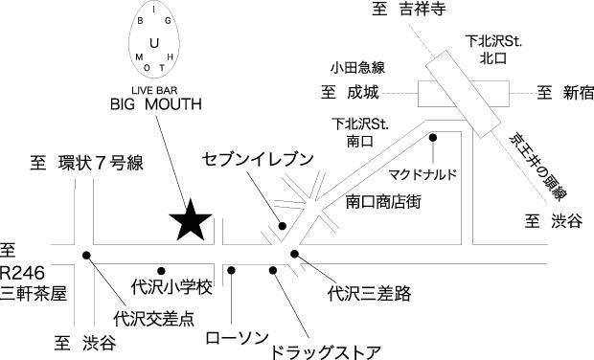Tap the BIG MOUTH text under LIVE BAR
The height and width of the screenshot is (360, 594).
[156, 104]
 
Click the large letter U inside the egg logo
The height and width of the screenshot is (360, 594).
[154, 43]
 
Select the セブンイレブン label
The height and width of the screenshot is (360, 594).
[258, 159]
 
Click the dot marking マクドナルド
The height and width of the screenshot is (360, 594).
[433, 138]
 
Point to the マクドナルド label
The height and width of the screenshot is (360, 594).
[423, 174]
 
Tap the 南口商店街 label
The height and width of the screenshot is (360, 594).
[383, 202]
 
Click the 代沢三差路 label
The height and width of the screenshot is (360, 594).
[370, 293]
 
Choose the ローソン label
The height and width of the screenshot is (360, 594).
[238, 338]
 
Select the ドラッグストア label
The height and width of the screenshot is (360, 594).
[326, 352]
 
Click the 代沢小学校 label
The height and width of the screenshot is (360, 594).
[171, 287]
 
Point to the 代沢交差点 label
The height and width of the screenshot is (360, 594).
[154, 319]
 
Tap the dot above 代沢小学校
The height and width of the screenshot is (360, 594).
[161, 271]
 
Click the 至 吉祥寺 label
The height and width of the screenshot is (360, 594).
[409, 9]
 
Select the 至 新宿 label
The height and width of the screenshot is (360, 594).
[565, 92]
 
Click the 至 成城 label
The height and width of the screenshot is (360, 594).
[350, 92]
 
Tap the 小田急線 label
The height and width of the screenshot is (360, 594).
[357, 68]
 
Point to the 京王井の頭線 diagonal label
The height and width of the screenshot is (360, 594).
[538, 166]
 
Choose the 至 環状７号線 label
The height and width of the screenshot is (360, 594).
[87, 164]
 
